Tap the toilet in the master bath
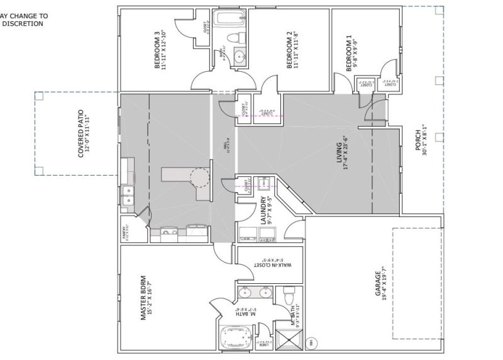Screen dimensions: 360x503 [x=289, y=295]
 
